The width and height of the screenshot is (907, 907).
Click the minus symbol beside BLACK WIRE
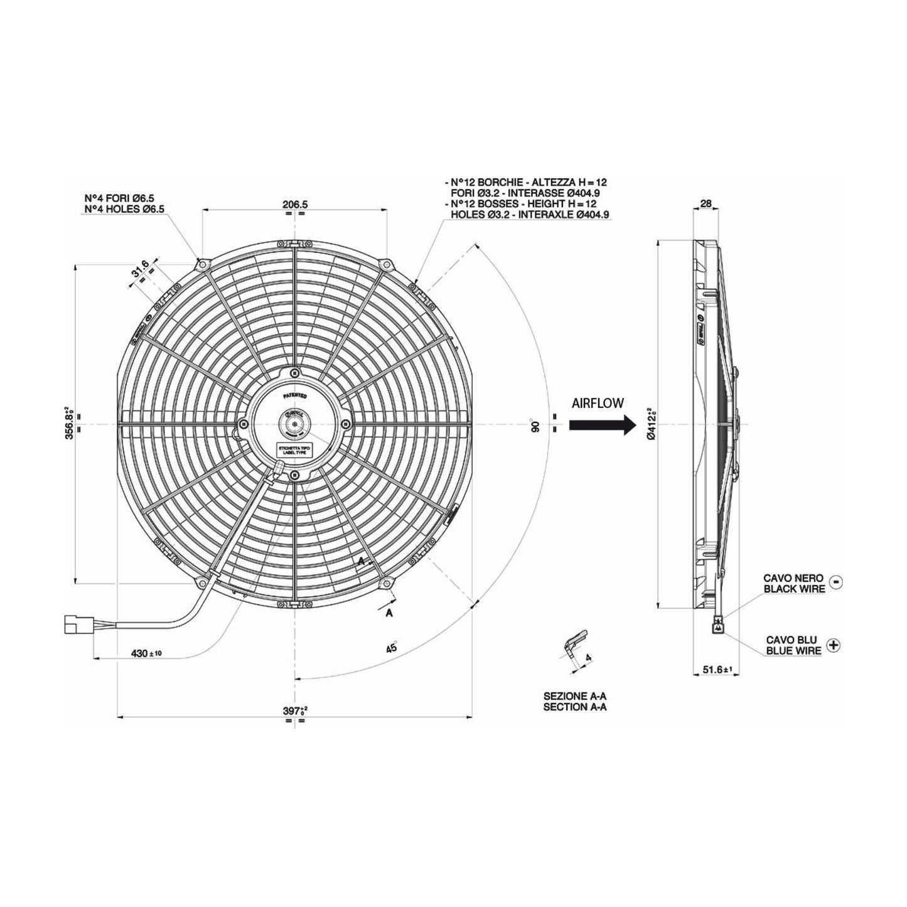click(x=835, y=582)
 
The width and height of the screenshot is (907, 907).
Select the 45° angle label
click(x=392, y=647)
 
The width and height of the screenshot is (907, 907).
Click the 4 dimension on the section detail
click(x=588, y=657)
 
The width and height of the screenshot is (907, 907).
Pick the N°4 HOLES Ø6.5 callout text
click(x=125, y=209)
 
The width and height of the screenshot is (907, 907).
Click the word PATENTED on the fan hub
click(x=294, y=396)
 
